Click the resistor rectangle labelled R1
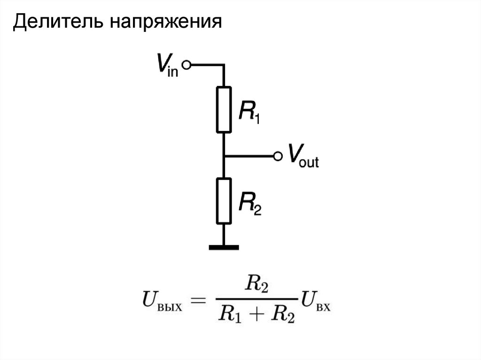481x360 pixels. click(x=224, y=109)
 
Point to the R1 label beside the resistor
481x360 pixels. click(x=249, y=113)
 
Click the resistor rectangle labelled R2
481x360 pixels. click(x=224, y=200)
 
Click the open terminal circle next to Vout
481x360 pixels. click(x=278, y=156)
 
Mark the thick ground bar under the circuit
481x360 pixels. click(x=224, y=246)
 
